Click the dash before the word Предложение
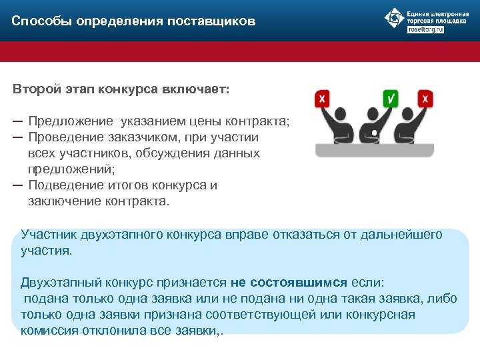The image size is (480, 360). (17, 121)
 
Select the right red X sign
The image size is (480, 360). (426, 99)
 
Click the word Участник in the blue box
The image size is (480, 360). (48, 235)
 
